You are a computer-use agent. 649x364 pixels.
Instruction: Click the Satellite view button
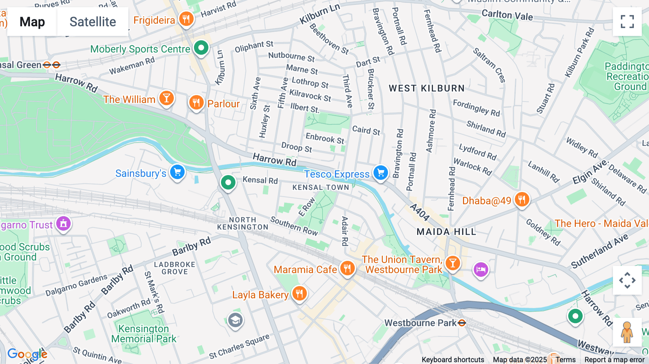[93, 22]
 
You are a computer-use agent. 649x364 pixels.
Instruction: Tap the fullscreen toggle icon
[627, 22]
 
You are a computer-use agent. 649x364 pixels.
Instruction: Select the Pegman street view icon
[627, 332]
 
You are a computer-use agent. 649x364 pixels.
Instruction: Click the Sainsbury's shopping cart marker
[177, 172]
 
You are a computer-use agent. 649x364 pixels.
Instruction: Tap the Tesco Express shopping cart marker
[380, 173]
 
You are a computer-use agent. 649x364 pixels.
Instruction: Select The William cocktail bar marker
[166, 98]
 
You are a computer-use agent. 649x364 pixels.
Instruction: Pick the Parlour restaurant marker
[196, 103]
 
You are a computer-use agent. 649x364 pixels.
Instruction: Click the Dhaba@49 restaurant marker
[522, 199]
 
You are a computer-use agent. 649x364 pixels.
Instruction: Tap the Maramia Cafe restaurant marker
[347, 268]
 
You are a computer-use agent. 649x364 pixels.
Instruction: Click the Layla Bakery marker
[299, 294]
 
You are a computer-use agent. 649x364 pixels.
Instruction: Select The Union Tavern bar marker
[452, 263]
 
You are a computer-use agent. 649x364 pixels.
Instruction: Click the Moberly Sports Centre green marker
[201, 48]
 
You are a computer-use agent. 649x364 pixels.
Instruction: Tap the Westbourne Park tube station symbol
[462, 323]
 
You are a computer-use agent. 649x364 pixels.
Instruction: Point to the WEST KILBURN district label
[427, 88]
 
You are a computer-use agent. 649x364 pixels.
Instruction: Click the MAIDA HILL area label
[446, 232]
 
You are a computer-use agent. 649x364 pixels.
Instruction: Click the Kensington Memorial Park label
[144, 334]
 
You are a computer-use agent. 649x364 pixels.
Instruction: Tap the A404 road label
[420, 212]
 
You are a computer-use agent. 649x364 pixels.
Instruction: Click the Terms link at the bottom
[565, 360]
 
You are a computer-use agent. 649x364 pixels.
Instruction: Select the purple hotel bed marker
[481, 269]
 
